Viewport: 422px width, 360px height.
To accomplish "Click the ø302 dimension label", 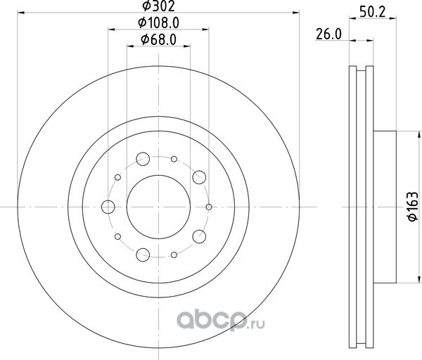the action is pyautogui.click(x=158, y=6).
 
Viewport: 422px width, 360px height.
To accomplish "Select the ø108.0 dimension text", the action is pyautogui.click(x=158, y=23).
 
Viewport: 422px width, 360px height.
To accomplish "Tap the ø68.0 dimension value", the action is pyautogui.click(x=158, y=39).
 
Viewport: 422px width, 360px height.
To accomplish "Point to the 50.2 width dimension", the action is pyautogui.click(x=373, y=12).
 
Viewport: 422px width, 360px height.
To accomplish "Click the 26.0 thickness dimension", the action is pyautogui.click(x=328, y=34).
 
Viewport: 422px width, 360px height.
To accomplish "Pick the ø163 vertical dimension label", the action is pyautogui.click(x=413, y=207).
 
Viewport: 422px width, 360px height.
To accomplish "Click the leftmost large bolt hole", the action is pyautogui.click(x=108, y=207).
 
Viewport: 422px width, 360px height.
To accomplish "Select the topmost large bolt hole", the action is pyautogui.click(x=143, y=159).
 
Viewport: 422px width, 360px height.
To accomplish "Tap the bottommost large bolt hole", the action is pyautogui.click(x=143, y=255).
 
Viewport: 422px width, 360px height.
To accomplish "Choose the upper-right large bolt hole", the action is pyautogui.click(x=199, y=177).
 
